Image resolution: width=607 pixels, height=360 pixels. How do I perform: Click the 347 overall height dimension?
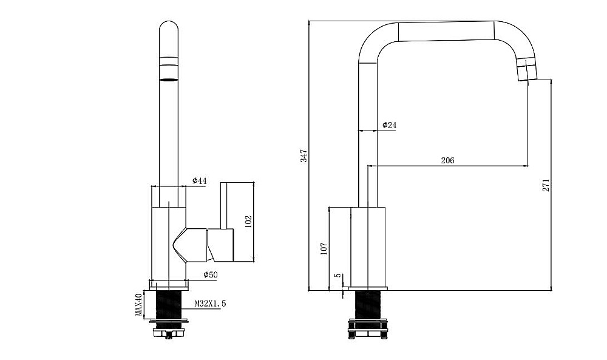pos(304,155)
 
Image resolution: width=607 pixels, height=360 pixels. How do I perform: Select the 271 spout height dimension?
pos(546,185)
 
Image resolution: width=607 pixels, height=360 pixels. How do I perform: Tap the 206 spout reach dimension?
pos(447,160)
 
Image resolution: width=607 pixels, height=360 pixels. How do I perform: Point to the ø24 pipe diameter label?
pos(390,125)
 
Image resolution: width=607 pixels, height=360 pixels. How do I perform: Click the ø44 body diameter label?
pos(200,181)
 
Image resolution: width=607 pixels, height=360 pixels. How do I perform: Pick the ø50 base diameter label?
pos(211,275)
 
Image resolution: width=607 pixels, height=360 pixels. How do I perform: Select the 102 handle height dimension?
pos(248,222)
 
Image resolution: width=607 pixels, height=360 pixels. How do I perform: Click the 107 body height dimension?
pos(324,248)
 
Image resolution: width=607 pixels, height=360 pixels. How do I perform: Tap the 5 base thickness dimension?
pos(338,275)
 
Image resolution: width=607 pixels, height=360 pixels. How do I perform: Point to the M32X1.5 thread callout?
pos(210,304)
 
